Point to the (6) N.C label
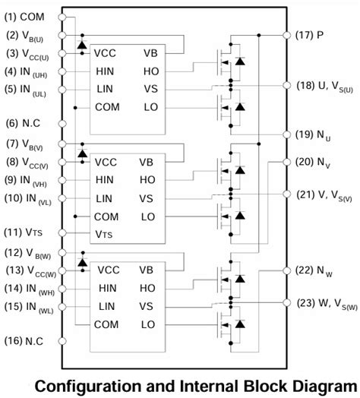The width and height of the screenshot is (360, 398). (23, 123)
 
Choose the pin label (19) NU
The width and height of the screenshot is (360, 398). (314, 135)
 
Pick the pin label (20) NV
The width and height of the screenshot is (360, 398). (314, 161)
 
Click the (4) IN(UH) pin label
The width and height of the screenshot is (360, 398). (27, 74)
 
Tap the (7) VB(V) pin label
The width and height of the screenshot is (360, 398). (25, 144)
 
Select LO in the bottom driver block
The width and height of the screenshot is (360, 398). (149, 324)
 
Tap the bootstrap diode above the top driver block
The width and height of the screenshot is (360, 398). (82, 46)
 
